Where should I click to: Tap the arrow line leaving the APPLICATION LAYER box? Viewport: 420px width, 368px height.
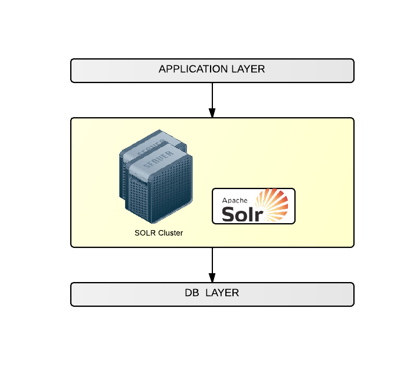(x=212, y=94)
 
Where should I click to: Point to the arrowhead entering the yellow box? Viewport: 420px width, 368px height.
(x=212, y=112)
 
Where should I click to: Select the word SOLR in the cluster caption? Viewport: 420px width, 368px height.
(x=145, y=233)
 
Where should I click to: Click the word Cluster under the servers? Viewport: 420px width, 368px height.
(x=170, y=233)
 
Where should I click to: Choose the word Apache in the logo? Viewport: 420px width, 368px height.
(x=234, y=200)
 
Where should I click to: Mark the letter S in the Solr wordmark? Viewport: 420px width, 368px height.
(x=228, y=213)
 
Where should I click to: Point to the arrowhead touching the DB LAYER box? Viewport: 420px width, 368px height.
(x=212, y=277)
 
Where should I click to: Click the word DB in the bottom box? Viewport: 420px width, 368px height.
(x=192, y=293)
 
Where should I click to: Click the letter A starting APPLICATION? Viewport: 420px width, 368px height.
(x=163, y=69)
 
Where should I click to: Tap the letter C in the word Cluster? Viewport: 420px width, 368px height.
(x=160, y=233)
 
